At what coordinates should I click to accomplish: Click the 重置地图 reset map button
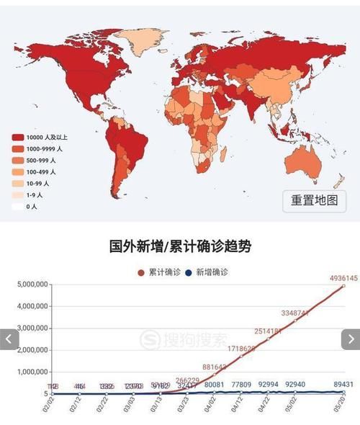[x=314, y=200]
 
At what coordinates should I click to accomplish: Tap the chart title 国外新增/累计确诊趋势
[x=180, y=246]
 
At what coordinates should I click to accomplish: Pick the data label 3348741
[x=295, y=313]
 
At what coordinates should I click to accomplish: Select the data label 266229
[x=187, y=380]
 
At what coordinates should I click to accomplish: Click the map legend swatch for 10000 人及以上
[x=17, y=137]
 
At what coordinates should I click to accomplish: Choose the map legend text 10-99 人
[x=39, y=183]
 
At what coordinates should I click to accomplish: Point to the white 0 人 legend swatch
[x=17, y=207]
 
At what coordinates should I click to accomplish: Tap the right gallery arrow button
[x=351, y=339]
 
